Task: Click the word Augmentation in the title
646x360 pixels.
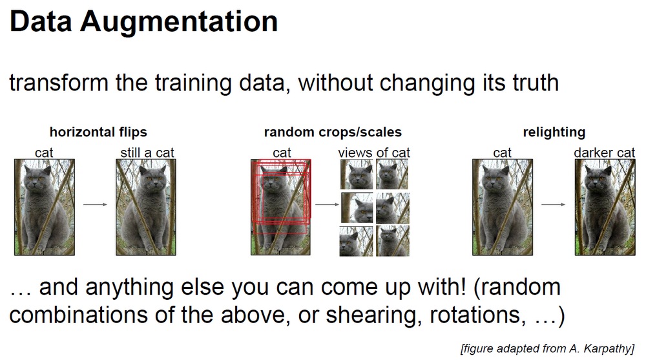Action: (x=179, y=22)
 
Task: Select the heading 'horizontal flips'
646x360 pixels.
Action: (x=98, y=132)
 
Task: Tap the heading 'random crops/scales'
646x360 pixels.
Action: (x=333, y=132)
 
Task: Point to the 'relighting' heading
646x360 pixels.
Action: (x=554, y=132)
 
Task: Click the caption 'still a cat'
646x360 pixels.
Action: (x=147, y=153)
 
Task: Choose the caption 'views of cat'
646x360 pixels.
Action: (x=374, y=153)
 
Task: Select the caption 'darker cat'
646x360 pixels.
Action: (x=605, y=153)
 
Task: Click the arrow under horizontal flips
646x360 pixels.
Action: (x=95, y=204)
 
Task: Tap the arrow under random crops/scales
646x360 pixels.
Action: (x=327, y=204)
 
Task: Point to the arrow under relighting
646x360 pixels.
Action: (x=554, y=204)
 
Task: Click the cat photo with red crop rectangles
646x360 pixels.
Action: (x=280, y=207)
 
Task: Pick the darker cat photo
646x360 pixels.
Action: (x=605, y=207)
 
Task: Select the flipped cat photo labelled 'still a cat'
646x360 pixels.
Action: (x=146, y=207)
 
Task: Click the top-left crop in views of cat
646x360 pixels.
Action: (x=357, y=175)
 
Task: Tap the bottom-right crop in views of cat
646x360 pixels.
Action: (x=393, y=241)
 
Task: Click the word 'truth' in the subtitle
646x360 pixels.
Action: (x=536, y=83)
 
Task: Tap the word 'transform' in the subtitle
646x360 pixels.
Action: (x=59, y=83)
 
